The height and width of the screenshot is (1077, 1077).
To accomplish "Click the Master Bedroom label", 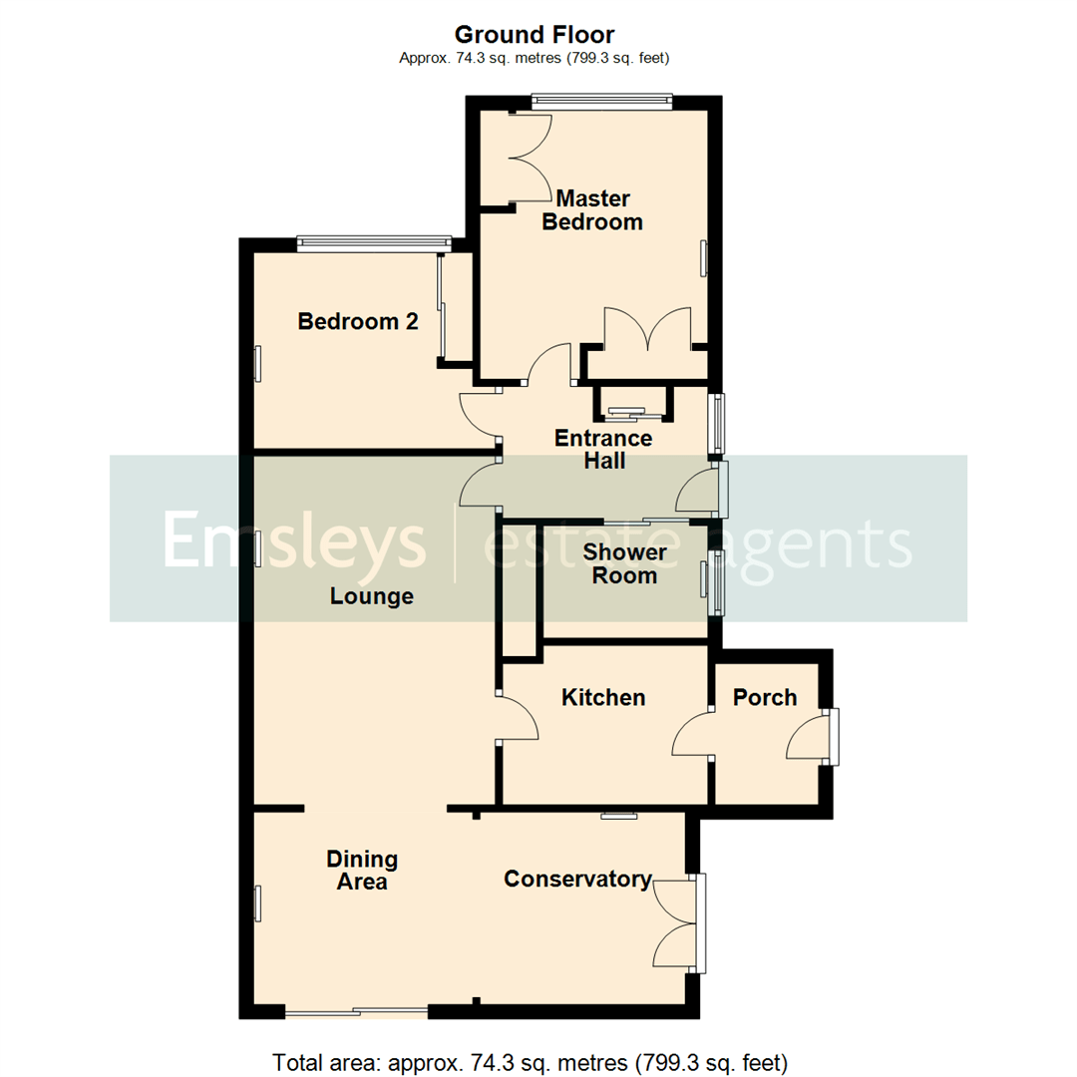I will (592, 209).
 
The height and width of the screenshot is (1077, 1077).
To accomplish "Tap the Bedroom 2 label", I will (357, 322).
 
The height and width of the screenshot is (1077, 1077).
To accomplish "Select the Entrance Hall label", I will (603, 450).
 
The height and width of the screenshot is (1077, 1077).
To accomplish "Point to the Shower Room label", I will (625, 563).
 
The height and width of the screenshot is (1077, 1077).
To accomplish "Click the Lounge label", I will (372, 596).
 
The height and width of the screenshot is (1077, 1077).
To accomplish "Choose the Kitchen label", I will (603, 697).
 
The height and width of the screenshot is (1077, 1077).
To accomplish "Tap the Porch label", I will (765, 697).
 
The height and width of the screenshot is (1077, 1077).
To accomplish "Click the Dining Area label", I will (362, 871).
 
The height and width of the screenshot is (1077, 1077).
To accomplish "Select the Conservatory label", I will (577, 879).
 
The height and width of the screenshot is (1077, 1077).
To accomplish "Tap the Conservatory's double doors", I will (678, 923).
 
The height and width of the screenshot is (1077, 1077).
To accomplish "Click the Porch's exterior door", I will (810, 738).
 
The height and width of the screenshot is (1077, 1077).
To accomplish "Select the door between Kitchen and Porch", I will (695, 736).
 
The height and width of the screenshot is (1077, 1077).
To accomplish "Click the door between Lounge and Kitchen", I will (518, 718).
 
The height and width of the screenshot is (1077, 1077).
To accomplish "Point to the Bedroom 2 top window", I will (375, 240).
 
